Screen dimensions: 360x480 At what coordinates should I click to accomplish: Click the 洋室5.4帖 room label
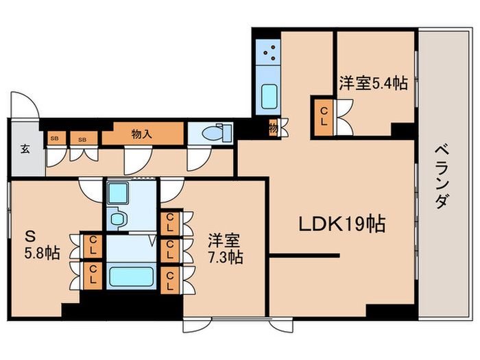pyautogui.click(x=373, y=84)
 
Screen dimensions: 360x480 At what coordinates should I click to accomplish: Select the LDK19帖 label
pyautogui.click(x=341, y=224)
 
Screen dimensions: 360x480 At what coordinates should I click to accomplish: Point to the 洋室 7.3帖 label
pyautogui.click(x=224, y=250)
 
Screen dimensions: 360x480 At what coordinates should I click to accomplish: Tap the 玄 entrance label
pyautogui.click(x=25, y=148)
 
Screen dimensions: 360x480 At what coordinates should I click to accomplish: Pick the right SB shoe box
pyautogui.click(x=82, y=139)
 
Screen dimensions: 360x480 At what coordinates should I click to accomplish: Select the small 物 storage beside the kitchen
pyautogui.click(x=273, y=128)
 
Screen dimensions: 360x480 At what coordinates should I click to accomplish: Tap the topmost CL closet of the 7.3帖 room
pyautogui.click(x=168, y=221)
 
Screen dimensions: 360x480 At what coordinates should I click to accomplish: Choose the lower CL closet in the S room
pyautogui.click(x=91, y=274)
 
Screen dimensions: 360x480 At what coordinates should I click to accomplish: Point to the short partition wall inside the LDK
pyautogui.click(x=304, y=256)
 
